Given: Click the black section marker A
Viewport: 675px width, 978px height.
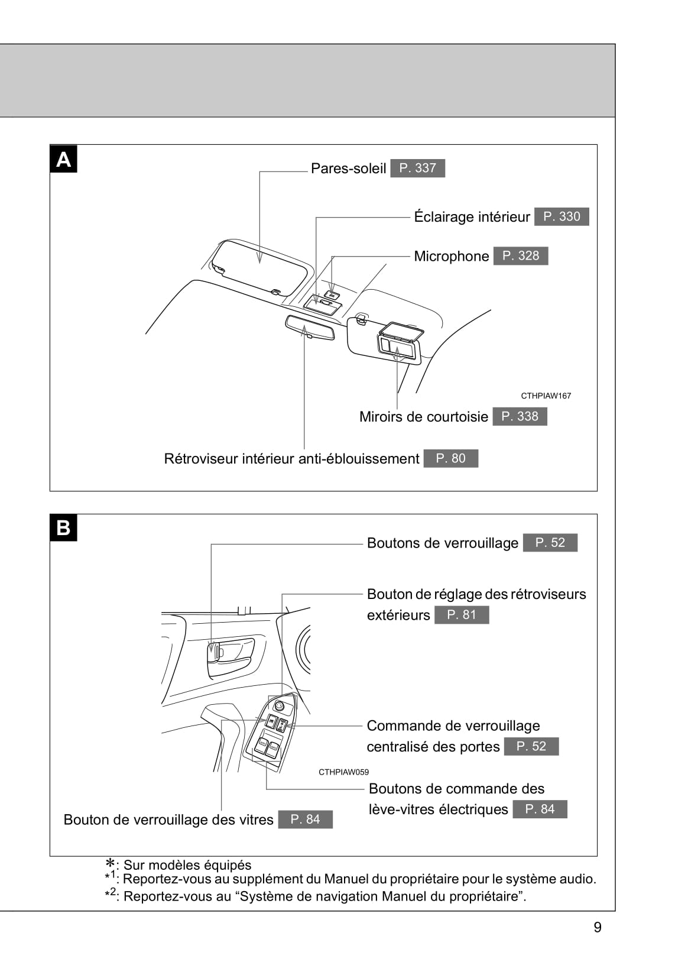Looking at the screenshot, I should [x=63, y=159].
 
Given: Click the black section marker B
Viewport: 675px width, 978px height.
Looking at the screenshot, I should [x=63, y=527].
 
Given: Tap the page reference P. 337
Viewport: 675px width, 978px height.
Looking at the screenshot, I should [x=417, y=168].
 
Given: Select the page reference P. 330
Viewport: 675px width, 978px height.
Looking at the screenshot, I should [x=562, y=216].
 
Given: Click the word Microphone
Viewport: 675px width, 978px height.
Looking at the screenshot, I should [x=451, y=256].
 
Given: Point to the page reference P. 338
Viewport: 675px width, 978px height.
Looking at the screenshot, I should [x=520, y=416].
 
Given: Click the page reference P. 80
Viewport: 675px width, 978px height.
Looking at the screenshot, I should [x=450, y=458].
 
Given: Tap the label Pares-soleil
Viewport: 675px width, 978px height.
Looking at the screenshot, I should [x=348, y=169].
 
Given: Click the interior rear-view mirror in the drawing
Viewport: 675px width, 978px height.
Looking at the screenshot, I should [x=309, y=327].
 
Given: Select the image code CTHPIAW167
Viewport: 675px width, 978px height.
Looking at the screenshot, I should [x=546, y=396].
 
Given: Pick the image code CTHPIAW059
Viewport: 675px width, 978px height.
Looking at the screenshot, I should [x=343, y=772].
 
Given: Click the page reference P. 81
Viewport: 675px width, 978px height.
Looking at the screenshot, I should [x=461, y=615].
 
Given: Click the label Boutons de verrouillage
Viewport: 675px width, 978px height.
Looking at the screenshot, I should [x=442, y=543].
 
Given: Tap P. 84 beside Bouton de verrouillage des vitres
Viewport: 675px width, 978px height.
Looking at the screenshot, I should [x=305, y=819].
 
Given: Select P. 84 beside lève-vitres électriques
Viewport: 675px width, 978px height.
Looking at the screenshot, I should [x=540, y=809].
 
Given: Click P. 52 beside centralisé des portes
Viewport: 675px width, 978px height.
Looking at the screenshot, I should [x=531, y=746].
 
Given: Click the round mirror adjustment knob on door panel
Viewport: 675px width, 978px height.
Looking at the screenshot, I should [x=280, y=706].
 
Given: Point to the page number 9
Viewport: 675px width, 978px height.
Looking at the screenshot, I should [x=597, y=927].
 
